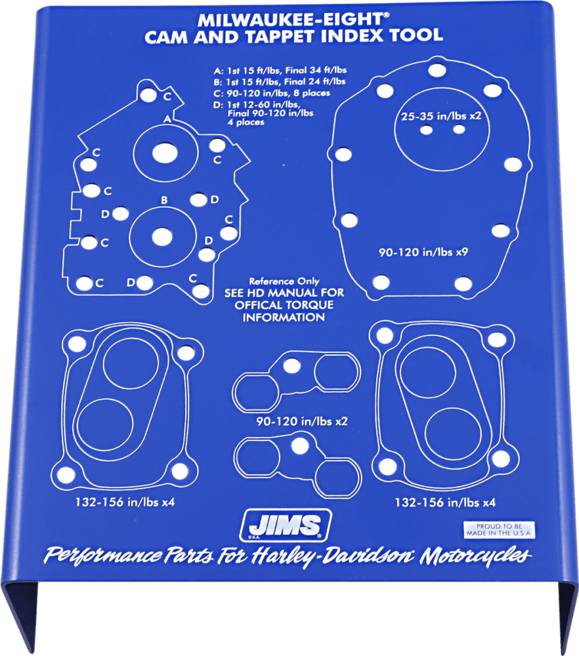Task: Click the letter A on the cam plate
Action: click(167, 119)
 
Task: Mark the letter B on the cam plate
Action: click(165, 199)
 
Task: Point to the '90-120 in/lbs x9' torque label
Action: click(423, 253)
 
